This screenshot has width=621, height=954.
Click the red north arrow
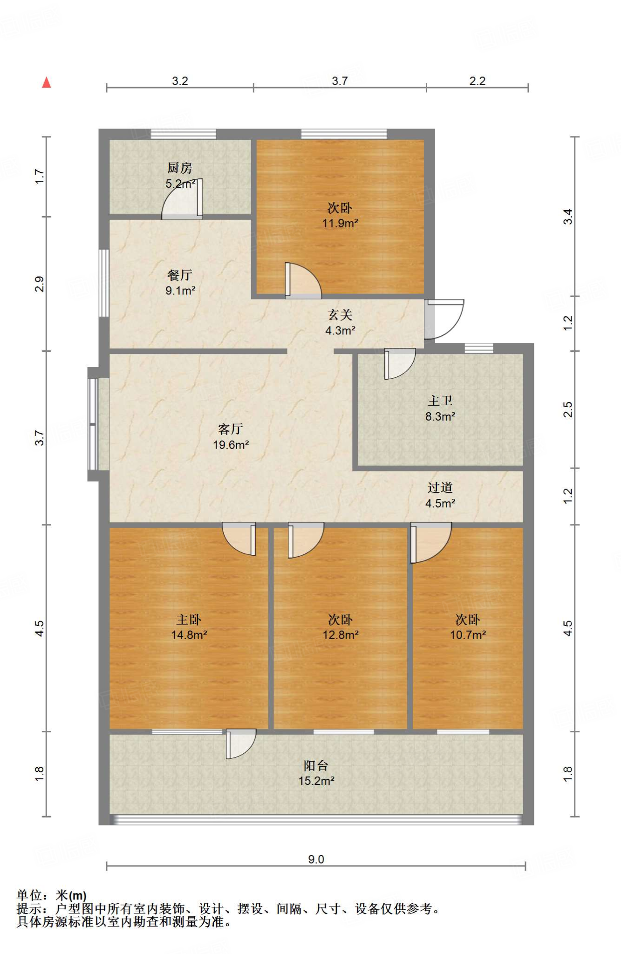47,82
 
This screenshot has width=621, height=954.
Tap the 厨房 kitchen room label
180,168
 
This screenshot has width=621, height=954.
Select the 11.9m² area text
340,223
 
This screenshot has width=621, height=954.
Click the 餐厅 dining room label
180,275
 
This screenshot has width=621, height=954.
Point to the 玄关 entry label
340,315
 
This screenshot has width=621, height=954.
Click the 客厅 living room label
231,429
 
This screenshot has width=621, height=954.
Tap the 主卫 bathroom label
440,401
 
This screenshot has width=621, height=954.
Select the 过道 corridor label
440,488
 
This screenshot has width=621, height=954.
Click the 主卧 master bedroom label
189,620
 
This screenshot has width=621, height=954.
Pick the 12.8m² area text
341,635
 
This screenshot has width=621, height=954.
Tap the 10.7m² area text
468,635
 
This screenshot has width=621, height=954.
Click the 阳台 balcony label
316,765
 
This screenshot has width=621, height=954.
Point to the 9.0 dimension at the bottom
316,859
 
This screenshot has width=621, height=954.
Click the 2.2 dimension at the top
478,81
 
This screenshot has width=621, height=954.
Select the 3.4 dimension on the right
568,217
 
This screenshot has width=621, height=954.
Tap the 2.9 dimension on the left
40,284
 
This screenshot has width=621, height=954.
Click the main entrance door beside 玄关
444,319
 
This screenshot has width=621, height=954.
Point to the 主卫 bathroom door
400,363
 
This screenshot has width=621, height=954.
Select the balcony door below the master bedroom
241,743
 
